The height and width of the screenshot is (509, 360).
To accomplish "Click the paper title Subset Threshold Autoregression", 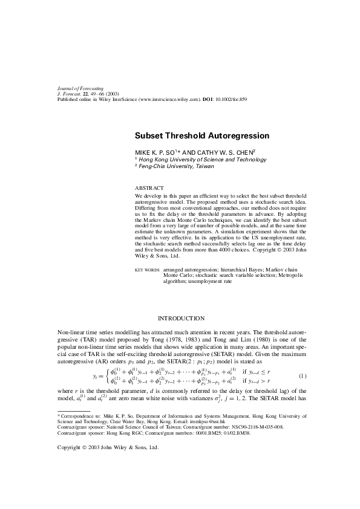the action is point(201,137).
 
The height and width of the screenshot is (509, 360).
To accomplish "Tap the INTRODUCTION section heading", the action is point(181,318).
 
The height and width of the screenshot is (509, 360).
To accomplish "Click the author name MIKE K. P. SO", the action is point(154,152).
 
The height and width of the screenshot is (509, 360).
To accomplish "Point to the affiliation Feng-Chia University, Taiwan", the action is point(171,166).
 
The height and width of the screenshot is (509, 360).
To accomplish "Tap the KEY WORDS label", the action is point(147,270).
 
